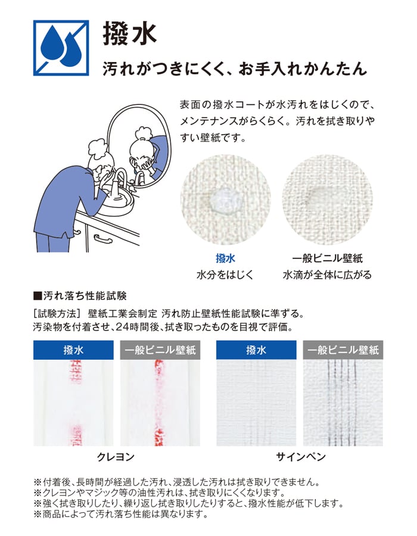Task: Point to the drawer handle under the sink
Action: (104, 239)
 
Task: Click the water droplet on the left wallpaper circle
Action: (223, 199)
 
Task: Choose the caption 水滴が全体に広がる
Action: (328, 275)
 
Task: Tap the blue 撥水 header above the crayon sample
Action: (73, 350)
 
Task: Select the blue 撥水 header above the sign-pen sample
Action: (256, 350)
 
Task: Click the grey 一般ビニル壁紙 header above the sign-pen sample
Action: (343, 350)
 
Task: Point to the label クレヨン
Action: (116, 457)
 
